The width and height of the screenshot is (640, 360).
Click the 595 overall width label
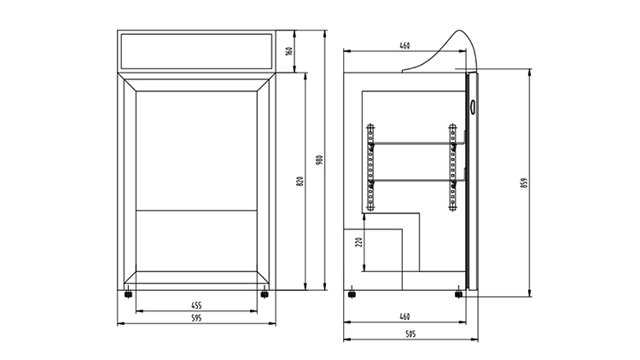click(195, 318)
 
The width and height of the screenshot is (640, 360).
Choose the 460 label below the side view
click(404, 316)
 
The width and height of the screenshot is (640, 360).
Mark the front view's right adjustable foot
click(264, 294)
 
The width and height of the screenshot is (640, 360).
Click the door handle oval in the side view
click(474, 106)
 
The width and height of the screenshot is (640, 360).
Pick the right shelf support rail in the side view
click(452, 167)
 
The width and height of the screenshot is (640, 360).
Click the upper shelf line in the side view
click(411, 145)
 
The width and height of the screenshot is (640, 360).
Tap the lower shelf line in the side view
click(411, 181)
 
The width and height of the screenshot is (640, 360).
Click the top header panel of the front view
click(195, 51)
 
